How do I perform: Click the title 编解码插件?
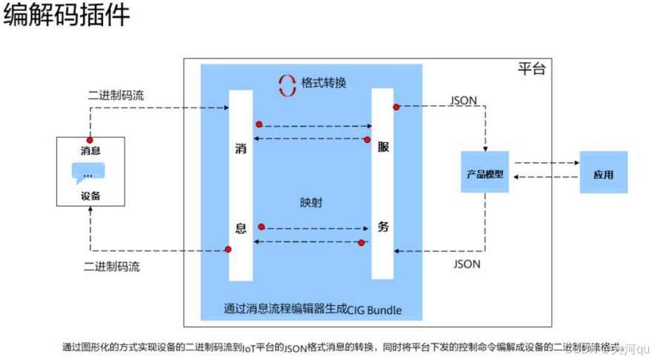click(67, 17)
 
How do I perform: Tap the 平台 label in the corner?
click(531, 69)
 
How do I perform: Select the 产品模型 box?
click(485, 174)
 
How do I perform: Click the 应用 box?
click(603, 175)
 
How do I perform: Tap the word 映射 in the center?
click(311, 202)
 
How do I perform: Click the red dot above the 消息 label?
click(90, 139)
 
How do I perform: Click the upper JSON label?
click(464, 100)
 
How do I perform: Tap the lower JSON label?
click(466, 264)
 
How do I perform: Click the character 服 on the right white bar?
click(382, 147)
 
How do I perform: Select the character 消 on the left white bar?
click(241, 147)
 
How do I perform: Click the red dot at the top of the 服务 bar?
click(396, 107)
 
